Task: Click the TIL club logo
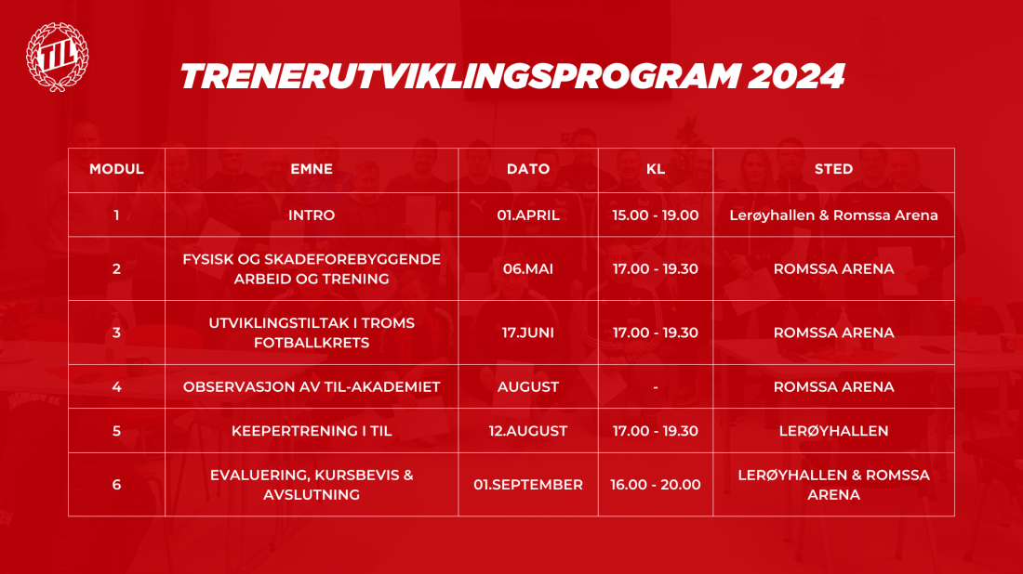[58, 57]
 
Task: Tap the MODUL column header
[116, 169]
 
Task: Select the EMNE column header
[312, 169]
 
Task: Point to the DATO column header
[528, 169]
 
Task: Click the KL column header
[656, 169]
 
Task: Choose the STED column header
[833, 169]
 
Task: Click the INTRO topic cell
[312, 215]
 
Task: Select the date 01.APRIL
[528, 215]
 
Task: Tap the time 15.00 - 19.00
[656, 215]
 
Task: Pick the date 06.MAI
[528, 269]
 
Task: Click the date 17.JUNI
[528, 333]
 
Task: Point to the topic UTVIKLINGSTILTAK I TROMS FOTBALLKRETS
[312, 333]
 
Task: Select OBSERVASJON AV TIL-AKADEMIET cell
[312, 386]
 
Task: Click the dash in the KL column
[656, 387]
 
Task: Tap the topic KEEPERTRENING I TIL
[312, 431]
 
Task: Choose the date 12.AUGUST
[528, 431]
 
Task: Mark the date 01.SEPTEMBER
[528, 485]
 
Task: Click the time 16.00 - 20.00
[656, 485]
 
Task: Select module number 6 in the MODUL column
[116, 485]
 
